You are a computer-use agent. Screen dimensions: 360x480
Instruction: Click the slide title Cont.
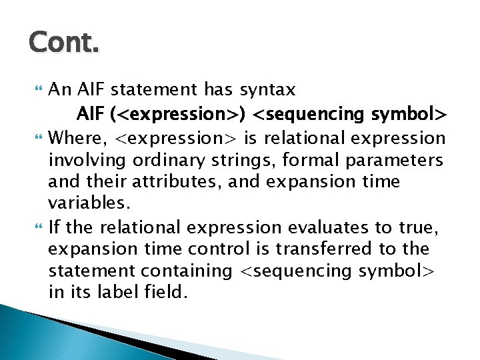pos(64,45)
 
